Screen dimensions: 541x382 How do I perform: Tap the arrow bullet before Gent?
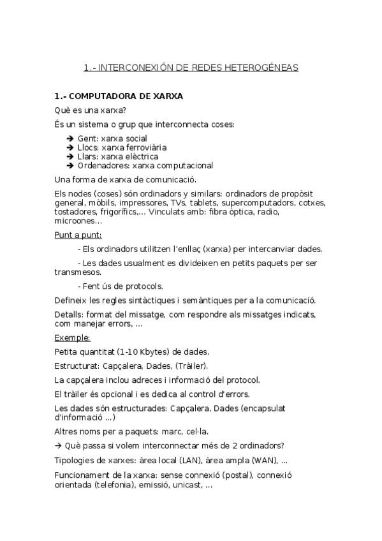click(70, 138)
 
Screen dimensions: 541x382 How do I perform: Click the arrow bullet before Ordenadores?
click(70, 165)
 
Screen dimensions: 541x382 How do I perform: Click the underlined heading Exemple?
click(72, 337)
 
